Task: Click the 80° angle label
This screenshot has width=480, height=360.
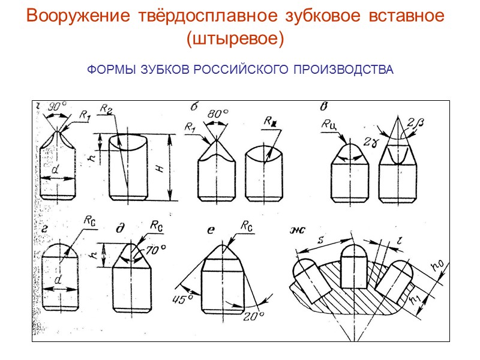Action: coord(217,113)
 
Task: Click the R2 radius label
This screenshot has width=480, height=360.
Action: coord(106,109)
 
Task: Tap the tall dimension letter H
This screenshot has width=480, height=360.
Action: coord(160,169)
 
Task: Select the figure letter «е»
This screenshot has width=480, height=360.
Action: coord(210,229)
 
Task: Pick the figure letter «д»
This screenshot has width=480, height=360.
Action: coord(120,229)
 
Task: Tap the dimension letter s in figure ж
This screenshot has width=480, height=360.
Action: coord(322,239)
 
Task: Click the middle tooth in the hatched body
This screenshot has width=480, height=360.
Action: coord(353,268)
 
